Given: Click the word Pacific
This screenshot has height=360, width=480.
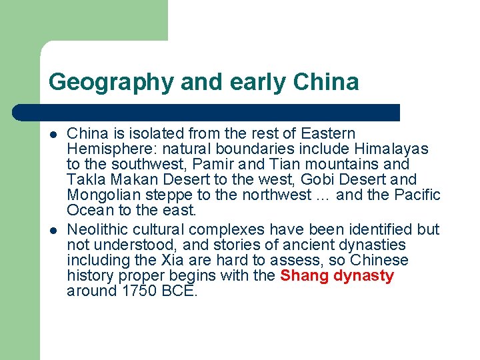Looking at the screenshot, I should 418,195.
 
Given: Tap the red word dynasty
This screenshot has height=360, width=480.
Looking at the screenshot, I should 365,275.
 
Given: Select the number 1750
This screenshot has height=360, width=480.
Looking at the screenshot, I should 137,291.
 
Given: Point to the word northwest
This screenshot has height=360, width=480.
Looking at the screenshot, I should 279,195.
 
